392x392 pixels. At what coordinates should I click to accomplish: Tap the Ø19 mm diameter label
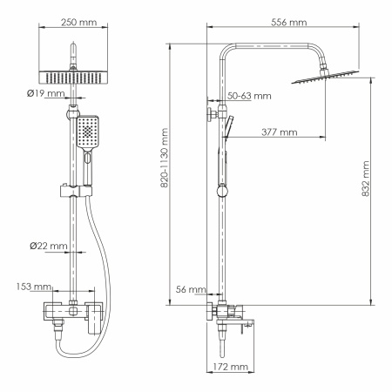tap(46, 92)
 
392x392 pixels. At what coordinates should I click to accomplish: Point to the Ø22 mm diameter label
tap(48, 247)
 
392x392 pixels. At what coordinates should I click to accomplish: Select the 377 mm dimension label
tap(279, 132)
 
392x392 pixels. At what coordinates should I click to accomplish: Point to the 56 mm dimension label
tap(189, 288)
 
